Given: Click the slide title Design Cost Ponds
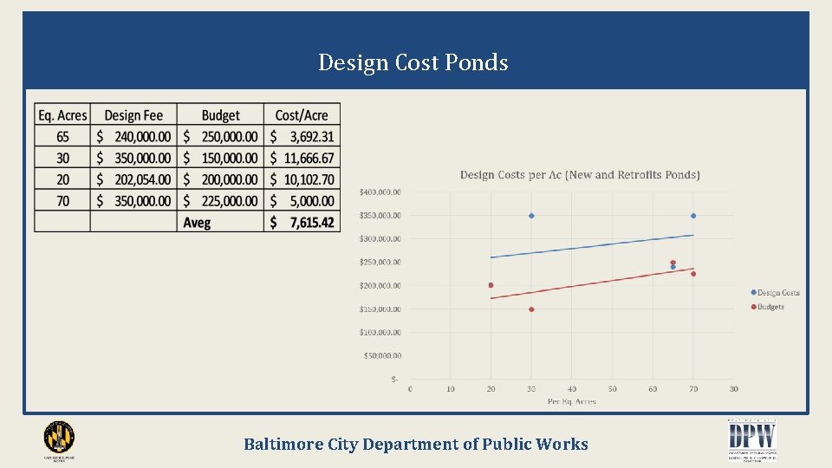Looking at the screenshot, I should pos(413,62).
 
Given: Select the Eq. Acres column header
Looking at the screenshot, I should pos(62,115).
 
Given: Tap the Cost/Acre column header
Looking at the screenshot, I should pos(302,115).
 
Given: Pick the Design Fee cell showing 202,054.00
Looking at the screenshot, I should pos(133,179).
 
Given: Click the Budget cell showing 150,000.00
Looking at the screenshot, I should pos(220,158).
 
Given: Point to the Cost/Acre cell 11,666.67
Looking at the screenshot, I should pos(302,158).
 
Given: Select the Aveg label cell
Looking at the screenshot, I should pos(197,223).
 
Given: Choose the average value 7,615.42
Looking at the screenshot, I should pos(302,223).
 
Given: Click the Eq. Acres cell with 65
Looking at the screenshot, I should pos(62,137).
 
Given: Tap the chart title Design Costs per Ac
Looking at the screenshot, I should pos(580,175).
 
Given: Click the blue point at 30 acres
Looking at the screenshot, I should pos(531,216).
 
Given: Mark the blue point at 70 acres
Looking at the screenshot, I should pos(693,216).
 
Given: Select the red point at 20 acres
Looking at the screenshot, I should pos(491,285).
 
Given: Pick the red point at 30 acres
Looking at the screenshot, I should pos(531,309).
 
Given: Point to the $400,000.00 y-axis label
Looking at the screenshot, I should pos(380,192).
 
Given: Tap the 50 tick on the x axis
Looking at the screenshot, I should pos(613,389).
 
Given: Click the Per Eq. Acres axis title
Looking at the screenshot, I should pos(571,401).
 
